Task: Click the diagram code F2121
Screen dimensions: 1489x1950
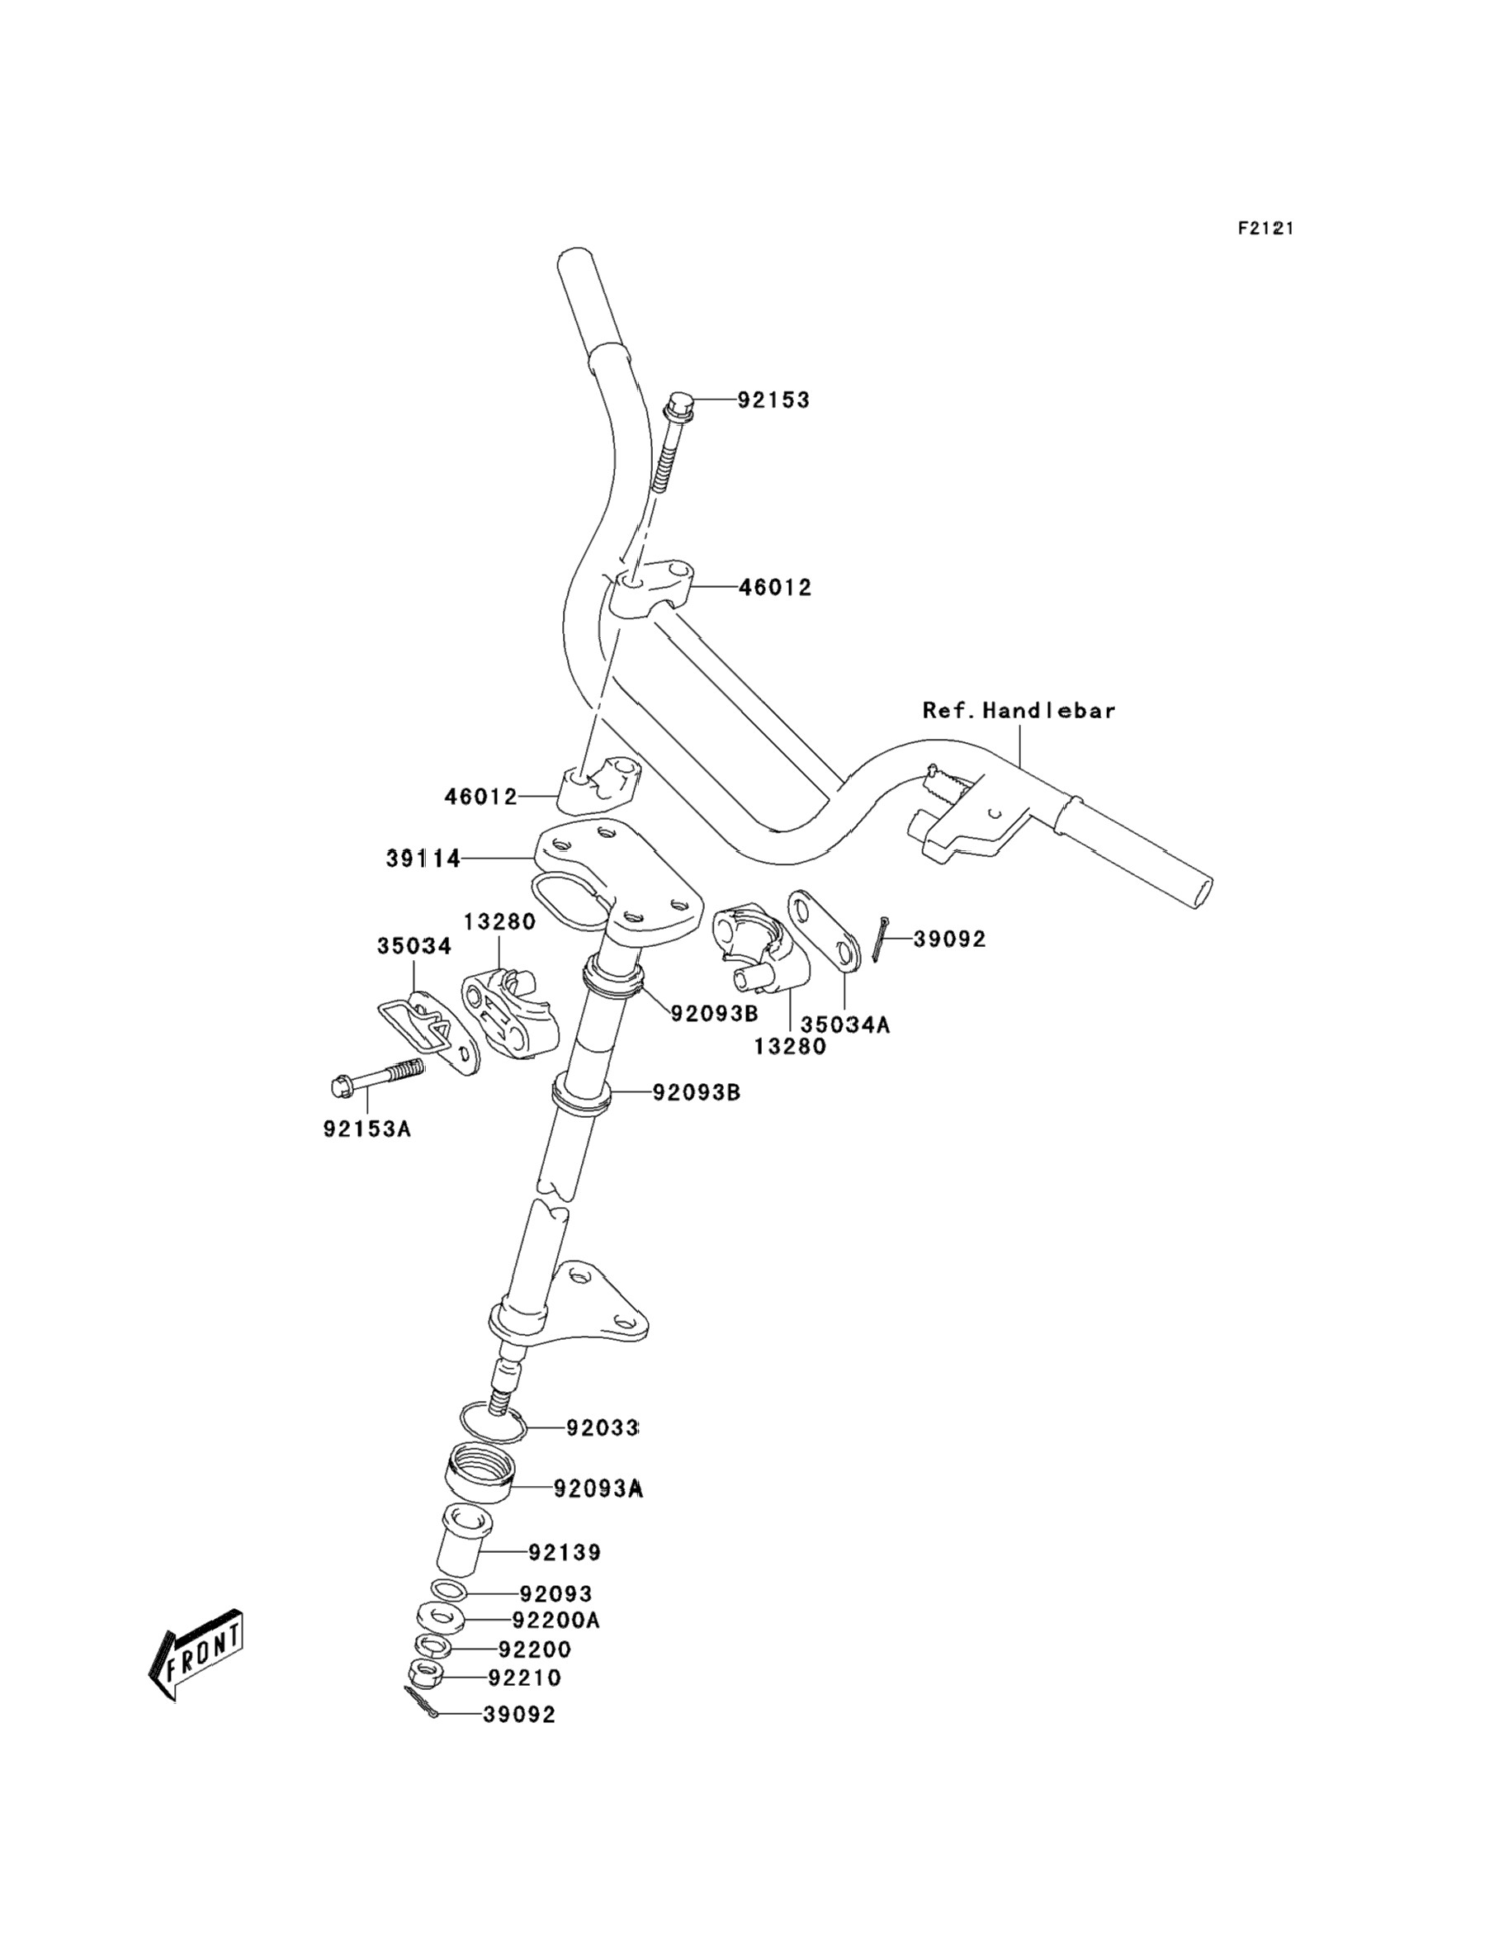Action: (1265, 229)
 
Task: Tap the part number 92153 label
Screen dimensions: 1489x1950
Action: (773, 400)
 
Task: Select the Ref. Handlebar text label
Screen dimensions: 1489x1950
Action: (1019, 710)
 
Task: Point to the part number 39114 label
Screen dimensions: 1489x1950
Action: (423, 858)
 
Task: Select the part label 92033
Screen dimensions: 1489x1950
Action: (602, 1428)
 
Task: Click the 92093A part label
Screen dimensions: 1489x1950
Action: (598, 1489)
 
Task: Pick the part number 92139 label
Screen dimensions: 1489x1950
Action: (565, 1552)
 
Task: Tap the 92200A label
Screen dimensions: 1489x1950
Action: (555, 1620)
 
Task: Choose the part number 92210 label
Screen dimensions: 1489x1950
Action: (525, 1678)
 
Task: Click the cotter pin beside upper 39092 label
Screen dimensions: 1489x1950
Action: (878, 939)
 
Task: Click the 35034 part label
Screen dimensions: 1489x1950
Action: (414, 946)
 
